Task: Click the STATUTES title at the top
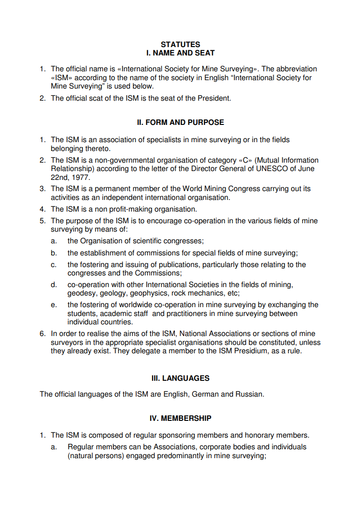click(180, 45)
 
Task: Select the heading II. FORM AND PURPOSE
click(180, 123)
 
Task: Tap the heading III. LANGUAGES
click(180, 378)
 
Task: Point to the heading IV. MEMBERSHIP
click(180, 419)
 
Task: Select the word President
click(215, 98)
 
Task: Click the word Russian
click(249, 394)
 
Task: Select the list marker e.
click(54, 305)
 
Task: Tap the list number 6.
click(42, 334)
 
